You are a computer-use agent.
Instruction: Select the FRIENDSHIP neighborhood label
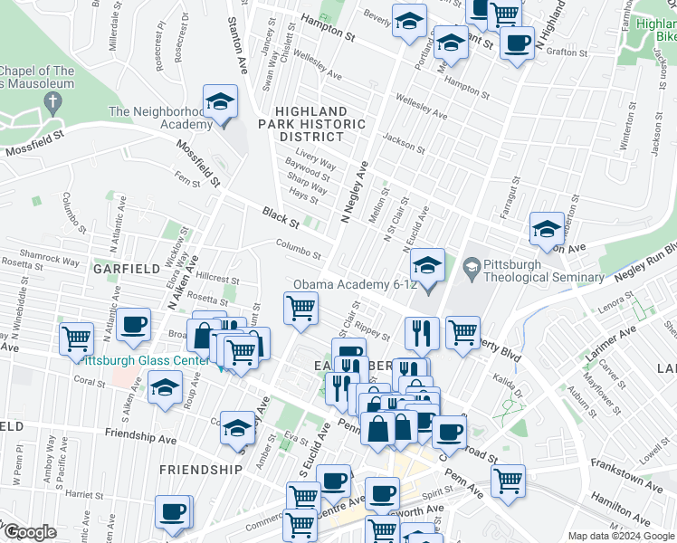tap(200, 470)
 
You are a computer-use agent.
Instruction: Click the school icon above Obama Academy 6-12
tap(427, 264)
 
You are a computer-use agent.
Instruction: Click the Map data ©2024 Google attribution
tap(621, 536)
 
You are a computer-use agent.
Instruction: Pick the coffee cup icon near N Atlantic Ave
tap(134, 324)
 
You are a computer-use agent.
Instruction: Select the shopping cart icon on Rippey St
tap(300, 308)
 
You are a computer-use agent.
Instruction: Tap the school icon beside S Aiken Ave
tap(164, 386)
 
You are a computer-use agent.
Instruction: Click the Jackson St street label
tap(404, 142)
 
